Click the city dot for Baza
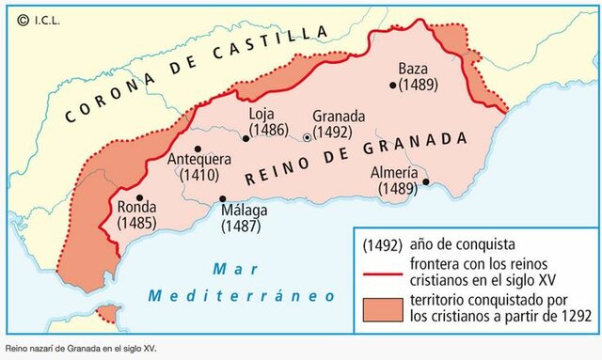pyautogui.click(x=392, y=85)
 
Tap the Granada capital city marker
pyautogui.click(x=307, y=138)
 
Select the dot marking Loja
pyautogui.click(x=246, y=137)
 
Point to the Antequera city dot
pyautogui.click(x=198, y=149)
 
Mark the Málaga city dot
pyautogui.click(x=223, y=198)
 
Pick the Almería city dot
pyautogui.click(x=426, y=181)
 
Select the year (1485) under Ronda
pyautogui.click(x=136, y=224)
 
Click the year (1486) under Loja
pyautogui.click(x=267, y=131)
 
